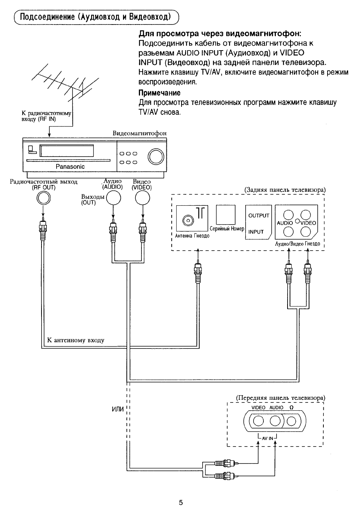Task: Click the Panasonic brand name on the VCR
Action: [x=70, y=166]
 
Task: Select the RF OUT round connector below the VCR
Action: [x=43, y=198]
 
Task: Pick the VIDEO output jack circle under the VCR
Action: [x=142, y=198]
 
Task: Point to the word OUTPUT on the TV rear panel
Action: [x=258, y=216]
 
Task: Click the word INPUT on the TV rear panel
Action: [x=256, y=232]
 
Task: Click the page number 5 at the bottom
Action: [x=181, y=502]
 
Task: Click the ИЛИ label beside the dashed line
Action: [x=118, y=410]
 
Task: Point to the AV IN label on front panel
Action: [x=267, y=438]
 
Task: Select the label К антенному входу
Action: [x=75, y=340]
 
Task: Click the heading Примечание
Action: [x=159, y=93]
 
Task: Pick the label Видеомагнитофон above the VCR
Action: [x=139, y=133]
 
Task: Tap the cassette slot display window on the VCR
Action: [x=67, y=151]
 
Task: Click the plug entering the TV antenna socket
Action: [x=197, y=270]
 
